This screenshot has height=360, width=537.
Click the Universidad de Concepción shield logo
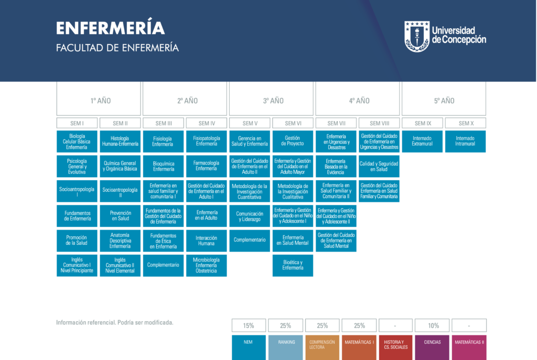pos(417,36)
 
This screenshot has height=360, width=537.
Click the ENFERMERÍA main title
pos(110,27)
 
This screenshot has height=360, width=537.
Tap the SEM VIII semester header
pos(379,123)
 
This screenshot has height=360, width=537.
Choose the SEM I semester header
pos(77,123)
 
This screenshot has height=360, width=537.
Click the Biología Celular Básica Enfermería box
pos(77,141)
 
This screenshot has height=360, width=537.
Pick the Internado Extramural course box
pos(422,141)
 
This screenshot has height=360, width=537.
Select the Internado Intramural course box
pos(466,141)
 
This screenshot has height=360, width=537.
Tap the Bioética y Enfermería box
pos(293,265)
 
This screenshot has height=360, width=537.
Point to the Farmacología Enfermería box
pos(207,166)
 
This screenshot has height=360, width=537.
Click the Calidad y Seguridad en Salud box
pos(379,166)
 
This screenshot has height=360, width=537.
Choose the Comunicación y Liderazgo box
pos(250,216)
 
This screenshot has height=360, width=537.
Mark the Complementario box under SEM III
pos(164,265)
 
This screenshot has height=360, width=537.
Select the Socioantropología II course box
pos(120,191)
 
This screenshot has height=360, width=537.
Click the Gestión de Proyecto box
pos(293,141)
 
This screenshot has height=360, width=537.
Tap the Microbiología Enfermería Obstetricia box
pos(207,265)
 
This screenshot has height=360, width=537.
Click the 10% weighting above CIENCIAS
pos(432,325)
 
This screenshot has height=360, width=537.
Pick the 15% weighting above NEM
pos(249,325)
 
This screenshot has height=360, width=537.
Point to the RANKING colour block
pos(286,347)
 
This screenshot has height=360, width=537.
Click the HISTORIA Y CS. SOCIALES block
pos(395,347)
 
